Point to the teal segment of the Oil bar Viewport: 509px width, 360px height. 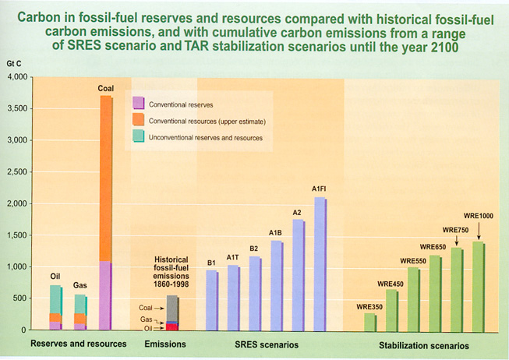coord(55,299)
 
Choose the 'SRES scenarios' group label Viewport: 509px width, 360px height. coord(266,344)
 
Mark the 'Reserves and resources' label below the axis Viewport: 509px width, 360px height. coord(78,344)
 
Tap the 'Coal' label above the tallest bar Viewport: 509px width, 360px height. coord(106,89)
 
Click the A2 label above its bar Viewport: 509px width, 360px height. coord(298,213)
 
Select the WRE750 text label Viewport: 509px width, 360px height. coord(455,231)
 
